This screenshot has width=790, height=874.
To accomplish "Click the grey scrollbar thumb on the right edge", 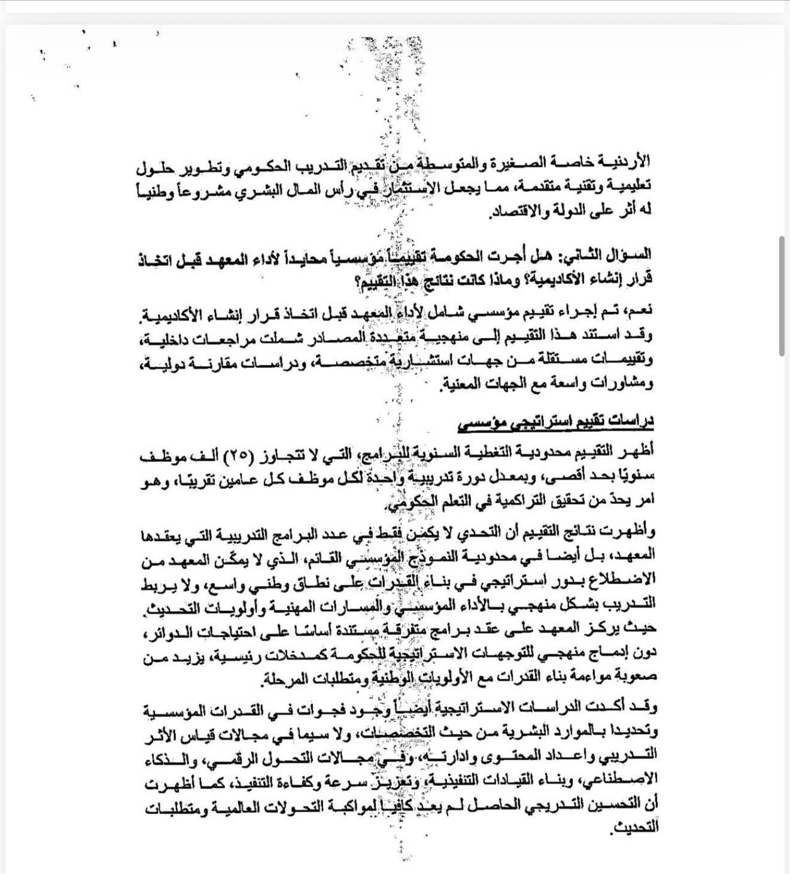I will [782, 297].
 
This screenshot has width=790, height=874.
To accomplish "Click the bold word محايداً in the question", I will [449, 255].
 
